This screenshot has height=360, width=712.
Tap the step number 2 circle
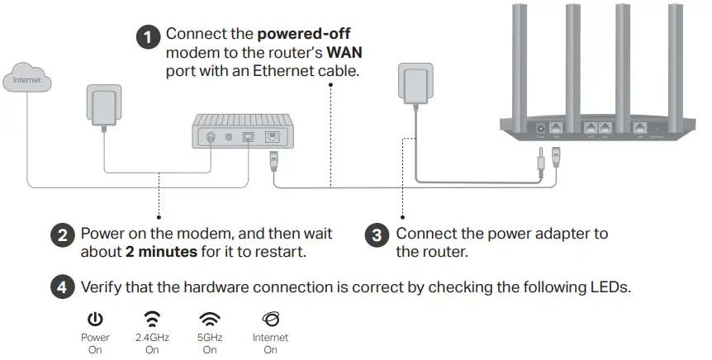point(64,234)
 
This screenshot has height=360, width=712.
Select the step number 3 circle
point(377,234)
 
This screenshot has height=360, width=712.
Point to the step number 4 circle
point(64,288)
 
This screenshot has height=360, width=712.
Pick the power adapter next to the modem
point(102,106)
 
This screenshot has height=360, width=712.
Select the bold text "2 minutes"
point(161,251)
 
